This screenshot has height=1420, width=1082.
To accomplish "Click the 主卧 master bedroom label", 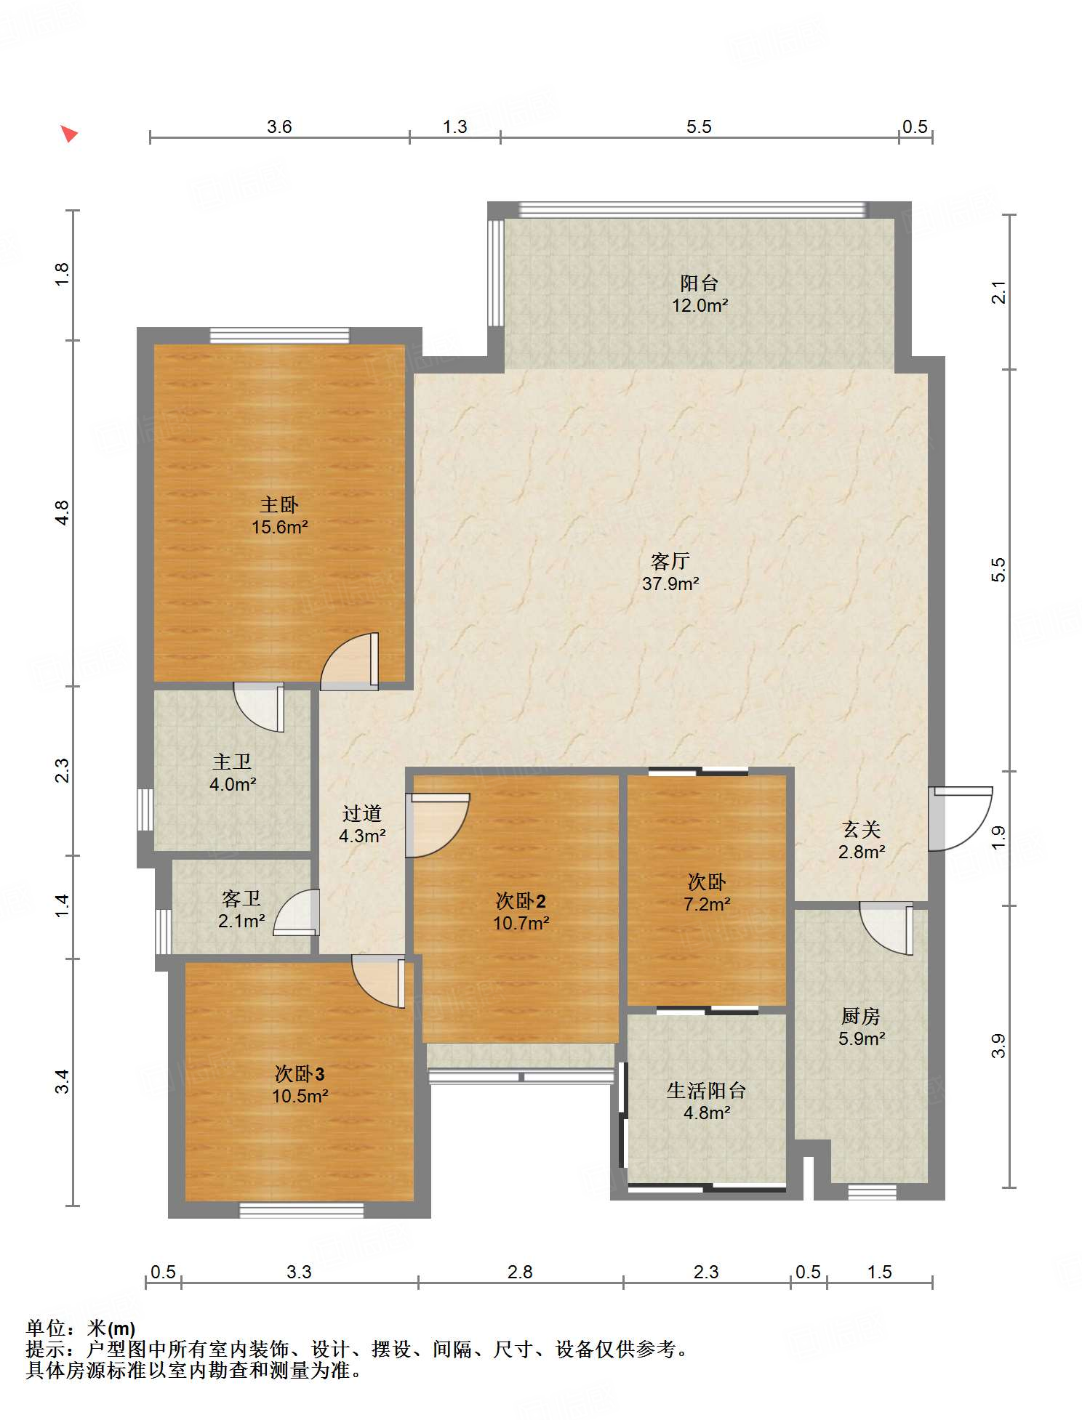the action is coord(279,504).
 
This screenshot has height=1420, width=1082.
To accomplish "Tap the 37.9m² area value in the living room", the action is coord(670,584).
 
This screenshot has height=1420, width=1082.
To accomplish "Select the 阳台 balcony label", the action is coord(700,283).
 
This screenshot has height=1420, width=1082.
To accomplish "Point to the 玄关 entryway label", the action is coord(862,829).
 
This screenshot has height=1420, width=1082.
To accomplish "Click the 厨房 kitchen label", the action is coord(861,1016).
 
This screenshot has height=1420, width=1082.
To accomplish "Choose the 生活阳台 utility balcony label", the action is coord(707,1090).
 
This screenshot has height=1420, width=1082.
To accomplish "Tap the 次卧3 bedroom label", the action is coord(300,1073).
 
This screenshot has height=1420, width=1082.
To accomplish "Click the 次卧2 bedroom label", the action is coord(521,901).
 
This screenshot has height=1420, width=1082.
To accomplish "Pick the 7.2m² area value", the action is coord(707,904).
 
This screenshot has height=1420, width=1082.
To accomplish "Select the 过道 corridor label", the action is coord(362,813).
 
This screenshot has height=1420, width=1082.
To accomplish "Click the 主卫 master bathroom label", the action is coord(232,762).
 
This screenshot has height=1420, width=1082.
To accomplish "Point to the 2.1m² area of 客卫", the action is coord(241,921).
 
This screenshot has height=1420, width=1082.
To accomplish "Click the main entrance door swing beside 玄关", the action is coord(961,819).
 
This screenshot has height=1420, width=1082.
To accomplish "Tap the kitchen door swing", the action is coord(886,928).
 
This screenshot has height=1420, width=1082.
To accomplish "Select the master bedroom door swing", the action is coord(350,661).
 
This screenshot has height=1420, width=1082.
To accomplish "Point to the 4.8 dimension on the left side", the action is coord(63,513).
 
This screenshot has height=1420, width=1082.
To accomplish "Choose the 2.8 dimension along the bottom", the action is coord(520,1272).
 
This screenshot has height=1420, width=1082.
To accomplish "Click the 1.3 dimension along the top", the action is coord(455,126).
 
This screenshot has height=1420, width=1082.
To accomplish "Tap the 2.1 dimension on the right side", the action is coord(999,292).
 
